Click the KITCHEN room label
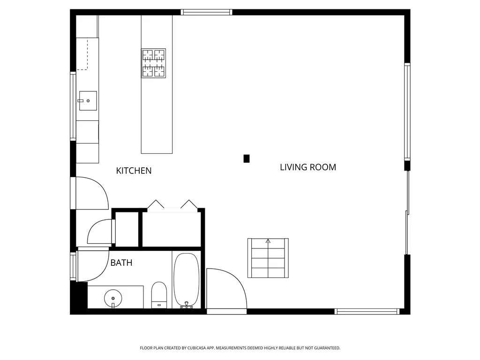tap(134, 171)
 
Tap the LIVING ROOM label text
tap(307, 167)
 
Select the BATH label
tap(121, 263)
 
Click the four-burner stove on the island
tap(154, 63)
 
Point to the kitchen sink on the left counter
tap(88, 101)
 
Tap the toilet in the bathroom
tap(159, 295)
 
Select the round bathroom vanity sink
tap(113, 297)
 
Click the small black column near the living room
tap(247, 158)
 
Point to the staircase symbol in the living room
tap(268, 258)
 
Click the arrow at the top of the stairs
tap(268, 241)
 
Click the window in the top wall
tap(206, 12)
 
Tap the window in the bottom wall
tap(367, 311)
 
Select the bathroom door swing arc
tap(94, 265)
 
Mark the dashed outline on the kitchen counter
tap(82, 55)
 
